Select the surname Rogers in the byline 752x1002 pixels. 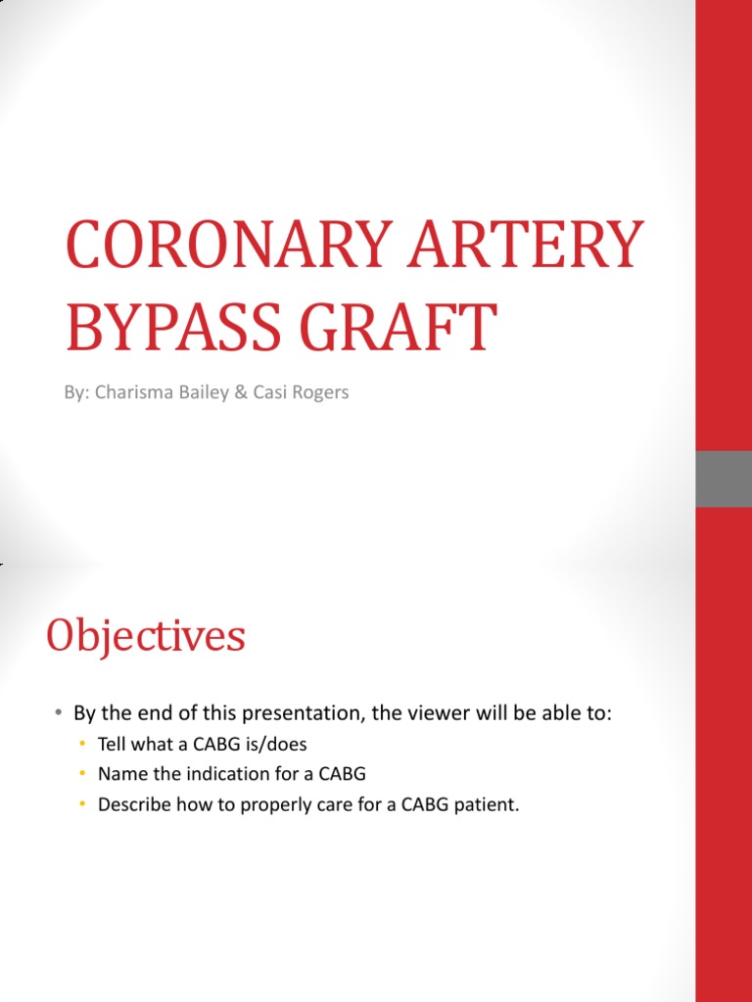(x=320, y=393)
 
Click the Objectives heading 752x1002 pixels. (x=146, y=637)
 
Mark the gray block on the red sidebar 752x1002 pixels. (x=724, y=478)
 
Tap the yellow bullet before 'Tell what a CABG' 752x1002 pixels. (x=84, y=745)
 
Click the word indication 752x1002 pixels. (x=217, y=774)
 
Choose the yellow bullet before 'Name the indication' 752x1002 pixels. (x=84, y=774)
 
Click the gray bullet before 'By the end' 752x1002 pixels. (x=59, y=714)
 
